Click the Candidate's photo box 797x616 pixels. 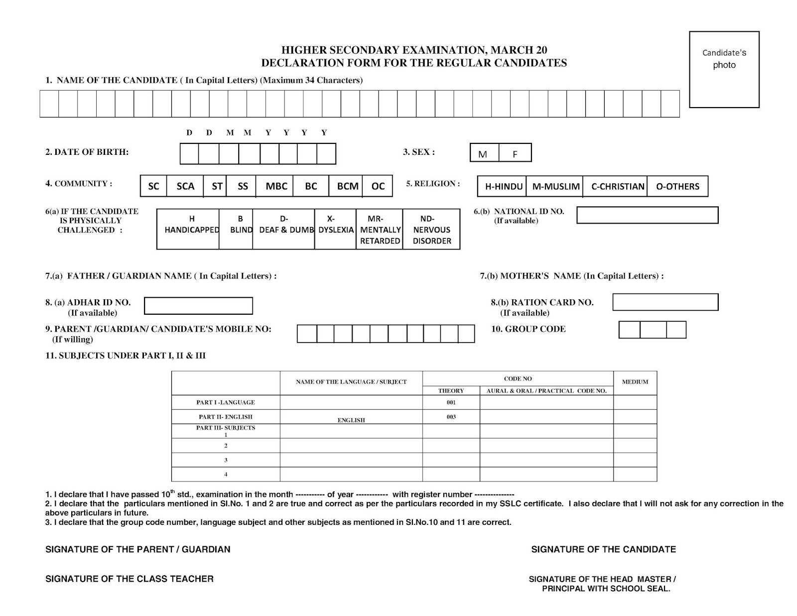click(724, 69)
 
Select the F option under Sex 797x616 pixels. click(515, 153)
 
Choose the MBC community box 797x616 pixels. click(276, 186)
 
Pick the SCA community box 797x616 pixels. click(185, 186)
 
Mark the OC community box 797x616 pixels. click(378, 186)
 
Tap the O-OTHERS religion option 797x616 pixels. click(677, 186)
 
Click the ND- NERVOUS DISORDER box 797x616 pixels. click(431, 229)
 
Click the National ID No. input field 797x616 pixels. click(647, 215)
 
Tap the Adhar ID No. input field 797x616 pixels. click(198, 306)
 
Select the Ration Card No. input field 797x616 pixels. click(665, 302)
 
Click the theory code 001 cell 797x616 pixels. click(451, 402)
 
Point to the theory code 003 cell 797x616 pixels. click(451, 417)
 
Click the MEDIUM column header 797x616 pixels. click(635, 382)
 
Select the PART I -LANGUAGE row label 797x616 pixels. click(225, 402)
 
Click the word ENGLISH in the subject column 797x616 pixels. click(351, 420)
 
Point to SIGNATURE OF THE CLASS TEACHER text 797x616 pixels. click(129, 579)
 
